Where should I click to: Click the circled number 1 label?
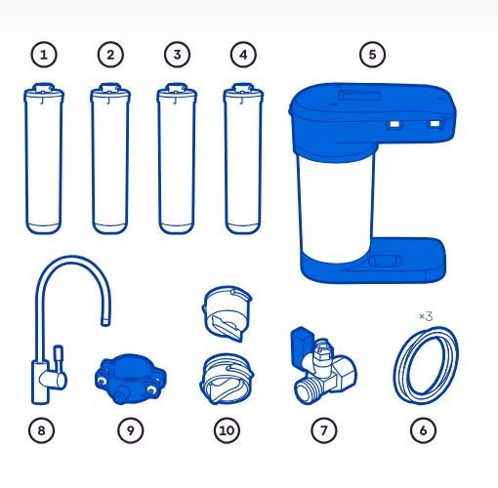pyautogui.click(x=44, y=55)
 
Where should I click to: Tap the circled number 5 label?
pyautogui.click(x=372, y=55)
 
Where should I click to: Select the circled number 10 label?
pyautogui.click(x=227, y=430)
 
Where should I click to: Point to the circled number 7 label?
pyautogui.click(x=324, y=430)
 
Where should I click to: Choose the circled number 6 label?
pyautogui.click(x=423, y=430)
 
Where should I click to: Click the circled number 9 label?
pyautogui.click(x=130, y=430)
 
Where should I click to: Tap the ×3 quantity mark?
pyautogui.click(x=426, y=316)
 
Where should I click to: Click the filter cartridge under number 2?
pyautogui.click(x=110, y=158)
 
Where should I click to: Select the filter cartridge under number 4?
pyautogui.click(x=243, y=158)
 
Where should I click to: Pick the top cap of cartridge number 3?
pyautogui.click(x=177, y=92)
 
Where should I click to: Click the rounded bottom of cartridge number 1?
pyautogui.click(x=43, y=228)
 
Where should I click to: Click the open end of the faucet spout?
pyautogui.click(x=105, y=322)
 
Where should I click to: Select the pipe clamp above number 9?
pyautogui.click(x=130, y=379)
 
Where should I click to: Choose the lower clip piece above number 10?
pyautogui.click(x=227, y=379)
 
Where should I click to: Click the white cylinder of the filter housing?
pyautogui.click(x=335, y=205)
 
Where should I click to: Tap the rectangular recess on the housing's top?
pyautogui.click(x=359, y=96)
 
